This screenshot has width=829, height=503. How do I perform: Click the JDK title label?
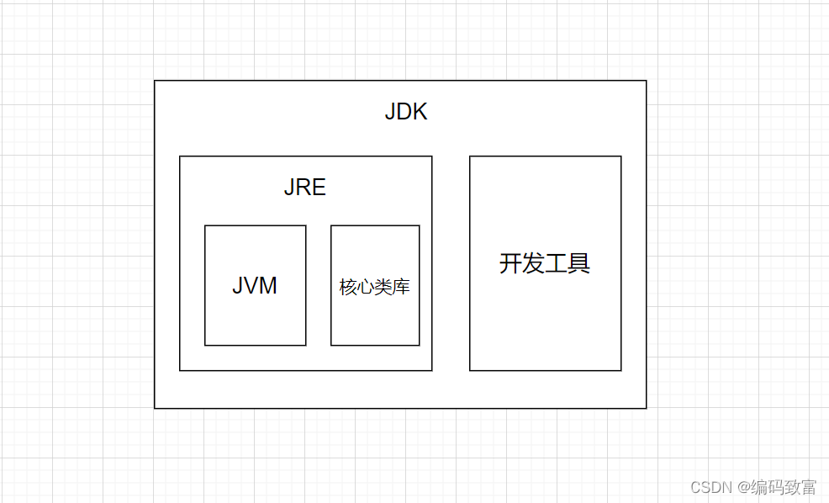406,112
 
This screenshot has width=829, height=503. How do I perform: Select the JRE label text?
304,188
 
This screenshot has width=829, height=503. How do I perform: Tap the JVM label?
255,286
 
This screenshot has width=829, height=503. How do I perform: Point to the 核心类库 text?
375,287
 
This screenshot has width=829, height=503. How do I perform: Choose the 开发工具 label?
545,263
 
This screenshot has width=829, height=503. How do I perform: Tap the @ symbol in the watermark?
743,487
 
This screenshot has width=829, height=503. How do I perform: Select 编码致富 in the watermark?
784,487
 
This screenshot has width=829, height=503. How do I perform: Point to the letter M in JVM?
268,286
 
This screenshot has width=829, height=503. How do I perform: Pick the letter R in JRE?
304,188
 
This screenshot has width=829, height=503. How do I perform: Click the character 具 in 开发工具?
579,263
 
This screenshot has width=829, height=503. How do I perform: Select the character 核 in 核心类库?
348,287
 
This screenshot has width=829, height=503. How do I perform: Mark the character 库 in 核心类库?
402,287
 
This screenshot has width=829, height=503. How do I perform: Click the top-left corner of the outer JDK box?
155,81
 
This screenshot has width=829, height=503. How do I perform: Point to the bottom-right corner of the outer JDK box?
647,408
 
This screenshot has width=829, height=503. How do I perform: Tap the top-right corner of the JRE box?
432,156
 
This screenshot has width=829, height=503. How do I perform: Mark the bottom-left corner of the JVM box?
205,345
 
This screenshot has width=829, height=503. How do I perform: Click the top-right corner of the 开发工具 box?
621,156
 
